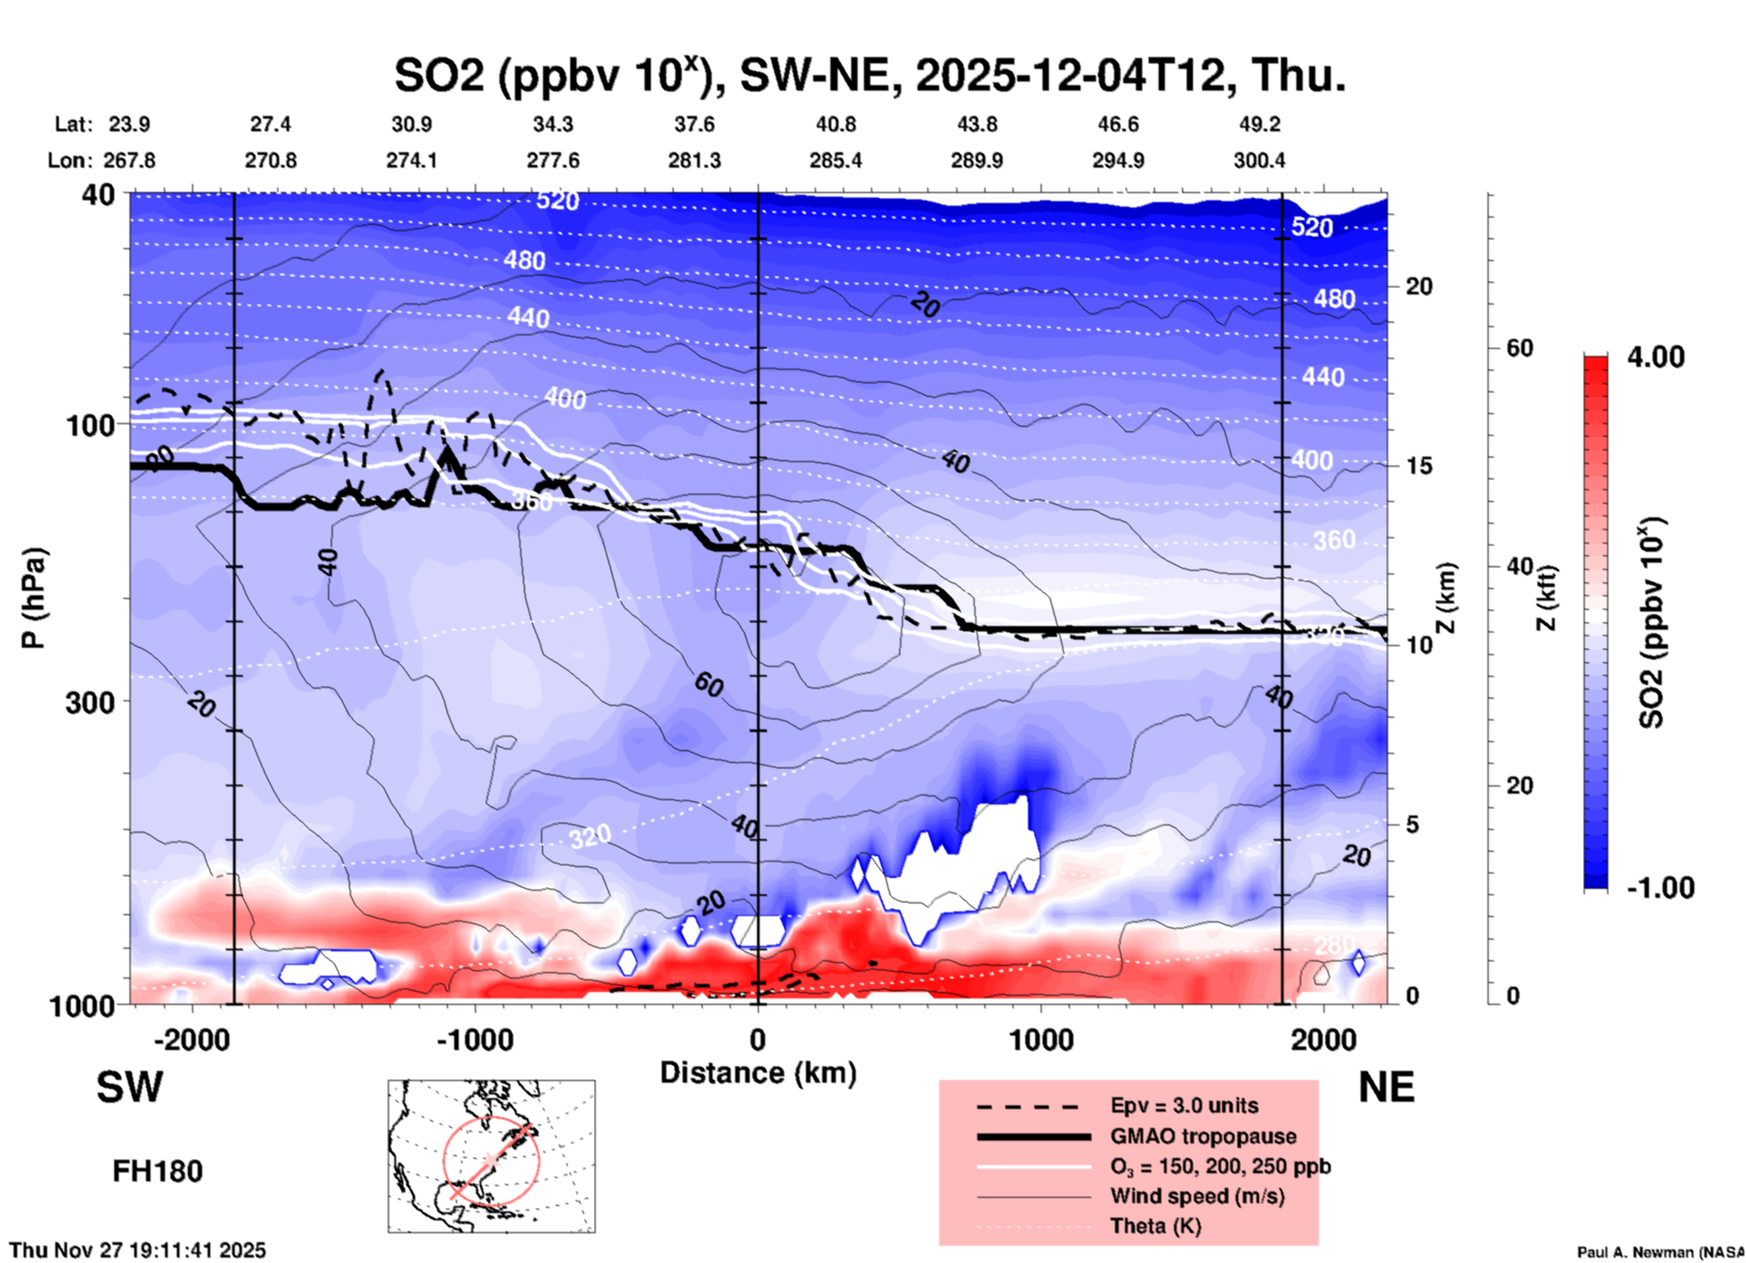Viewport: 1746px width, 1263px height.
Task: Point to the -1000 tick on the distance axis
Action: pos(474,1039)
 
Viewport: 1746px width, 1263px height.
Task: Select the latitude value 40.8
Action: pos(835,124)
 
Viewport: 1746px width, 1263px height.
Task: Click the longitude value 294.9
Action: pos(1117,160)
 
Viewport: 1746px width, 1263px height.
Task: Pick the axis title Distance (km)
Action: pos(758,1073)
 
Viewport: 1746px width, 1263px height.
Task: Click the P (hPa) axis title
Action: pos(33,598)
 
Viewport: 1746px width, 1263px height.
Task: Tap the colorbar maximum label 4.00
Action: pos(1655,356)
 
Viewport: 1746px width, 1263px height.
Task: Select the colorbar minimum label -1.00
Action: pos(1660,888)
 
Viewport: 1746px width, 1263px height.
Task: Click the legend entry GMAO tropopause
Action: pos(1203,1136)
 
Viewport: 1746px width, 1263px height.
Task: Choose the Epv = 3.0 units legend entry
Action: pos(1184,1105)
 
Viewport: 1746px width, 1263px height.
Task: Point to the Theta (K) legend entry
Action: pos(1155,1226)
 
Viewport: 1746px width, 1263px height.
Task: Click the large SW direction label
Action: pos(130,1087)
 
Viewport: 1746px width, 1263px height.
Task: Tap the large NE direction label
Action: pos(1386,1087)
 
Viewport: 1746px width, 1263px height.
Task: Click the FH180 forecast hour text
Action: pos(157,1171)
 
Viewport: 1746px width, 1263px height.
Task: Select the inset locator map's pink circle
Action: pos(490,1161)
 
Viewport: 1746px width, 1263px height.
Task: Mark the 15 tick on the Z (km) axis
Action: pos(1419,466)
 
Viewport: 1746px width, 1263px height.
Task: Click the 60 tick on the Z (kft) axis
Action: pos(1519,348)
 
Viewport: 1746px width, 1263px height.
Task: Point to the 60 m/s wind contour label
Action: pos(709,685)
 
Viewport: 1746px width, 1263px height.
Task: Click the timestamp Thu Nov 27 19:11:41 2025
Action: pos(138,1250)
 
